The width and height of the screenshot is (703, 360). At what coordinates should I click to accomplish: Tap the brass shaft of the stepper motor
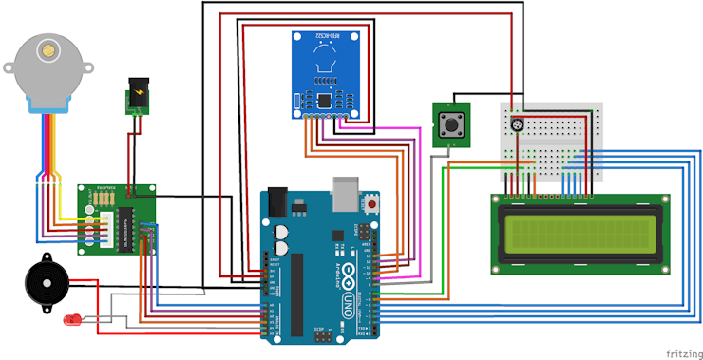(x=44, y=47)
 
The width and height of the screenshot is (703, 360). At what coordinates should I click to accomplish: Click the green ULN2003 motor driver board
(x=117, y=220)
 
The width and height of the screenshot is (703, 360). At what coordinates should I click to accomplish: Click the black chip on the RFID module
(x=326, y=101)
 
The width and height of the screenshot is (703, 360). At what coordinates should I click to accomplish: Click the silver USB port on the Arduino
(x=347, y=196)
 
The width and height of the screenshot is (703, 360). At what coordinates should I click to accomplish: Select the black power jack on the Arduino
(x=277, y=200)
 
